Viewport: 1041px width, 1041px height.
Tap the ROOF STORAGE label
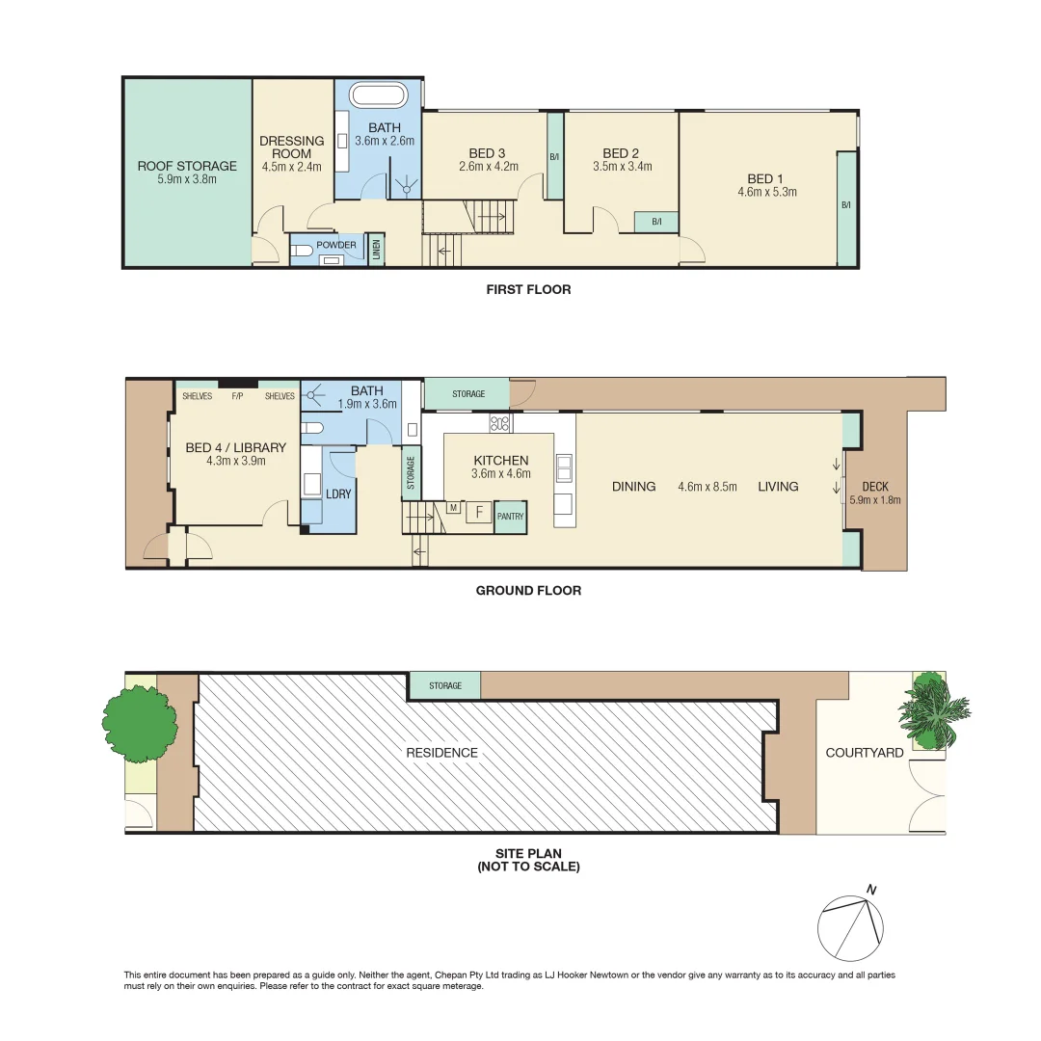[187, 166]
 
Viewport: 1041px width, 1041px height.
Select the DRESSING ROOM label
[292, 147]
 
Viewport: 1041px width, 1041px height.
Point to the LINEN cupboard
[375, 249]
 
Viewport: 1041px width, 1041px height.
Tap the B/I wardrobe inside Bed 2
[656, 222]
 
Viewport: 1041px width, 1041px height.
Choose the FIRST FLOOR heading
[528, 289]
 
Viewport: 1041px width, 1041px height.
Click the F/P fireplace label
[236, 396]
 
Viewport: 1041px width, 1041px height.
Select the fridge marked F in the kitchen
[479, 512]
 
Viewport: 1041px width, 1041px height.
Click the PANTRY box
[510, 517]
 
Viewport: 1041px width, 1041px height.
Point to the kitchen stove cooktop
[501, 422]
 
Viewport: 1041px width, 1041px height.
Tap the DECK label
[874, 486]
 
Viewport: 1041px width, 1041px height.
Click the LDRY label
[339, 493]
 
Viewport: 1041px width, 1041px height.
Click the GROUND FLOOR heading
[528, 591]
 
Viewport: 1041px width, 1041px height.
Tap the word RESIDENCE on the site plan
[441, 753]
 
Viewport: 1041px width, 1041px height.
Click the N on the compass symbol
[871, 890]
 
